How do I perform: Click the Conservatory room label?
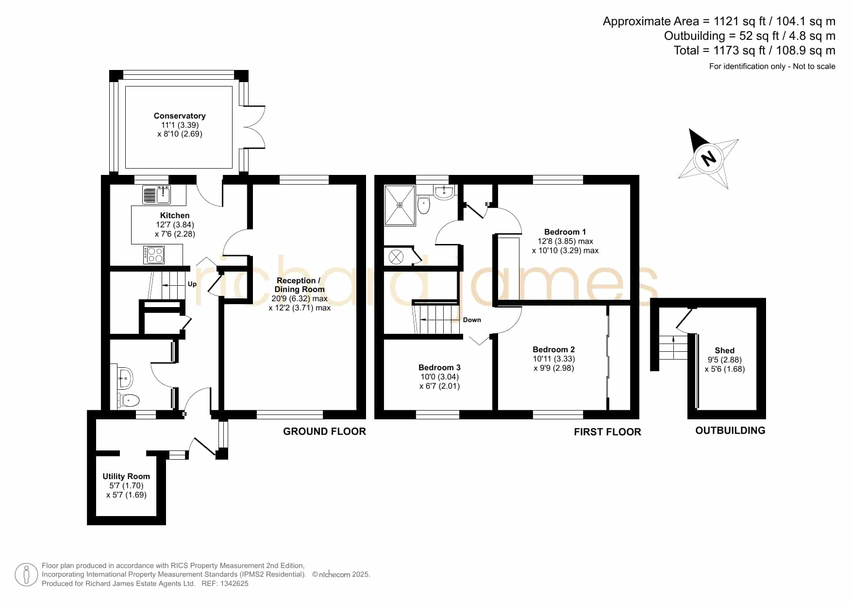180,116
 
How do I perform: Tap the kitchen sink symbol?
156,194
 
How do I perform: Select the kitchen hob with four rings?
154,255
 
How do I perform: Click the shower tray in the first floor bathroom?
400,205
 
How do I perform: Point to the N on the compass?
709,158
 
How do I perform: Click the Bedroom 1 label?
565,232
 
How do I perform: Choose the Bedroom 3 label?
439,367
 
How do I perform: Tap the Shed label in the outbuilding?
724,350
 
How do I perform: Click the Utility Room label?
126,476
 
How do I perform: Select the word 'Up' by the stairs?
192,284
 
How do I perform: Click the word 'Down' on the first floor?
472,320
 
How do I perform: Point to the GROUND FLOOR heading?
324,431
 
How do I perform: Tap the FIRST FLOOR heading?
607,432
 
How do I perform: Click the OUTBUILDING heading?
730,431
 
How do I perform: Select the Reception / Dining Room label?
299,285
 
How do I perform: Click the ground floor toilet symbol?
130,400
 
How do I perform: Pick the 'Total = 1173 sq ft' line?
754,51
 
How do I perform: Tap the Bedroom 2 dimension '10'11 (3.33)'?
553,359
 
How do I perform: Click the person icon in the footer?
26,575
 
